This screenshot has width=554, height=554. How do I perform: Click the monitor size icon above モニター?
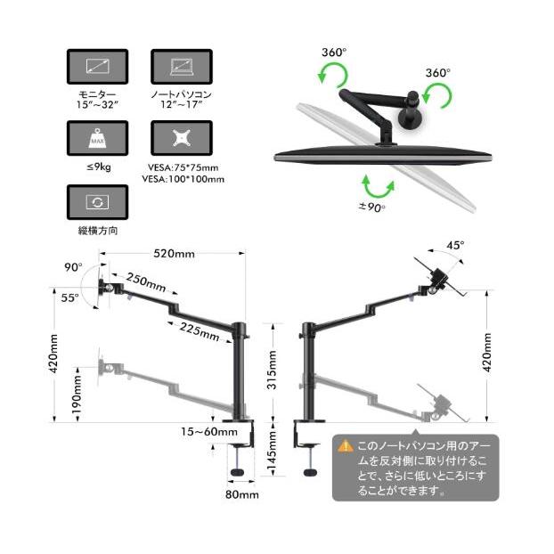point(97,67)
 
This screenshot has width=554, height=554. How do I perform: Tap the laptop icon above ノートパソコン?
point(182,67)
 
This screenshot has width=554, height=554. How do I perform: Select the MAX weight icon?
point(97,138)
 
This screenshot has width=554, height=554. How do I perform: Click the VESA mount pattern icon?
point(182,138)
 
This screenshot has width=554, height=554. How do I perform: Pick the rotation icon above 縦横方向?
point(97,202)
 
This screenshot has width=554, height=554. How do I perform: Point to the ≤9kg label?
point(99,167)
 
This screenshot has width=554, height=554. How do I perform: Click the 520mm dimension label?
point(174,254)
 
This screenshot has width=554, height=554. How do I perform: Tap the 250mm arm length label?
point(146,282)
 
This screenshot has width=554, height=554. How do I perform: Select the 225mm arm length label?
point(200,331)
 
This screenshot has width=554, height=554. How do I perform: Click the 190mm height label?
point(77,394)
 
